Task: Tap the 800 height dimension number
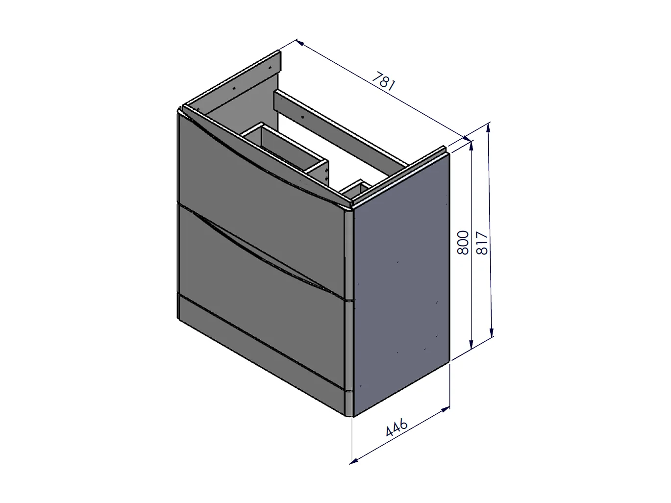click(x=463, y=243)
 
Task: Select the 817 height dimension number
click(x=482, y=243)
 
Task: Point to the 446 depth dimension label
click(x=397, y=427)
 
